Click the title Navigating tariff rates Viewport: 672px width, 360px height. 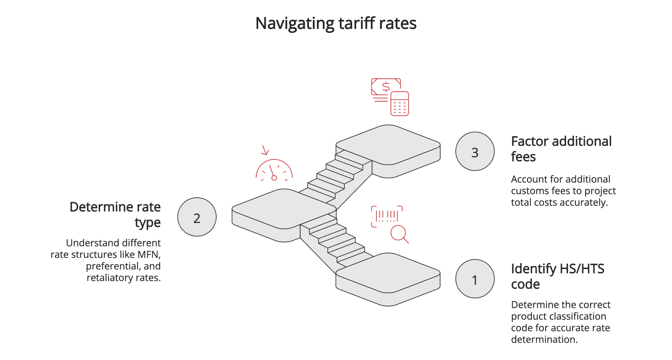pyautogui.click(x=335, y=23)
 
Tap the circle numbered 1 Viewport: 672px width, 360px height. pyautogui.click(x=475, y=279)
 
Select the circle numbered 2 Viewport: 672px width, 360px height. pyautogui.click(x=197, y=217)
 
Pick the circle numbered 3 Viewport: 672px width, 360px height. pyautogui.click(x=475, y=151)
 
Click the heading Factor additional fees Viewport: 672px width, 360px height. pyautogui.click(x=561, y=149)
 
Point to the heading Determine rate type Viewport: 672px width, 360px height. pyautogui.click(x=115, y=214)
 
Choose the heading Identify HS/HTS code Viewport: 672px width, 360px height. pyautogui.click(x=557, y=276)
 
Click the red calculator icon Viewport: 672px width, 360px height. pyautogui.click(x=399, y=104)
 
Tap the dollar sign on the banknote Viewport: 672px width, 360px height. pyautogui.click(x=386, y=86)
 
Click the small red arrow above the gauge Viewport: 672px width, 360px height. pyautogui.click(x=265, y=150)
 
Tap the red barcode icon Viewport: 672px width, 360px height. pyautogui.click(x=387, y=216)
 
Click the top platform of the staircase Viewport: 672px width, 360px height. pyautogui.click(x=388, y=144)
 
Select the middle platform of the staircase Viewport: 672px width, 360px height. pyautogui.click(x=284, y=209)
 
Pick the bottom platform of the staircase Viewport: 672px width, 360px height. pyautogui.click(x=388, y=273)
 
